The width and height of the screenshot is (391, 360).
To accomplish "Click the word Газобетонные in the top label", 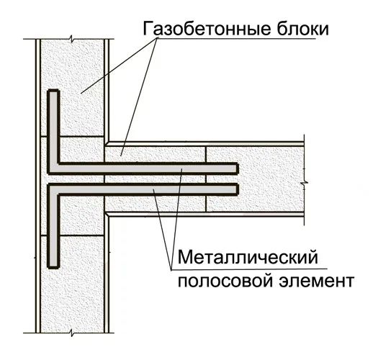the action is [207, 28].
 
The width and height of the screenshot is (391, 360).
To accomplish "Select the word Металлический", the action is [248, 258].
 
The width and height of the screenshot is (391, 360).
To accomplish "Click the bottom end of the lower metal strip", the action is [53, 266].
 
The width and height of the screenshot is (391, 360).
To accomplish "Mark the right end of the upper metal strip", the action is [236, 168].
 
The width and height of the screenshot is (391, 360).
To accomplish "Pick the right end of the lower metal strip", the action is [236, 189].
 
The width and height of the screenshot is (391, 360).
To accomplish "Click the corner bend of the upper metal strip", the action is [53, 168].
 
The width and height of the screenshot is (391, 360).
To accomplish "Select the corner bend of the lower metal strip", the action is [53, 189].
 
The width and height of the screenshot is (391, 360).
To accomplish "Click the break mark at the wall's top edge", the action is [71, 39].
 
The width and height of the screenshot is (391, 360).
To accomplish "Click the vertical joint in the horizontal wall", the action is [206, 179].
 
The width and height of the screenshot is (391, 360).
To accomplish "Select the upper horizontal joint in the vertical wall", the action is [72, 136].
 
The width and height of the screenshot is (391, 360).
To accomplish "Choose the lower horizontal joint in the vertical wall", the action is [72, 235].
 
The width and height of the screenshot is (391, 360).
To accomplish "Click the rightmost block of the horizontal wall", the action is [256, 179].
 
